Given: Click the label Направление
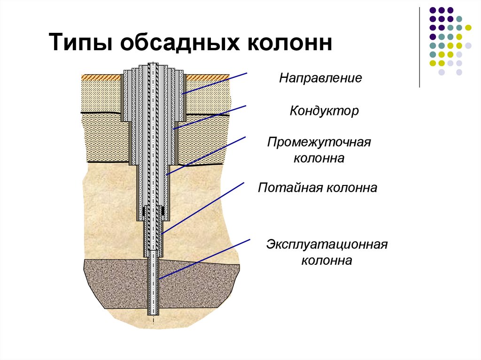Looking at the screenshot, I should [321, 77].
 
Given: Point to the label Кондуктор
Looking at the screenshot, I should [324, 111].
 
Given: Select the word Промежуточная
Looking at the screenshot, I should [319, 142].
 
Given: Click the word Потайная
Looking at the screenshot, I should [286, 188].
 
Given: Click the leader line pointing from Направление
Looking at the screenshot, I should [216, 83].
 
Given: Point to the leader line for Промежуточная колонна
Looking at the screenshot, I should [207, 155].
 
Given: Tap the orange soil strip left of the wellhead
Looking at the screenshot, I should [101, 77].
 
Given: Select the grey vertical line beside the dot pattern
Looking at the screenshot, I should [419, 47].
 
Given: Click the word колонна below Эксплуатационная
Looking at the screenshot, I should [327, 260].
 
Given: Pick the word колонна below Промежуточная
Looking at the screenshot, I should [319, 158].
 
